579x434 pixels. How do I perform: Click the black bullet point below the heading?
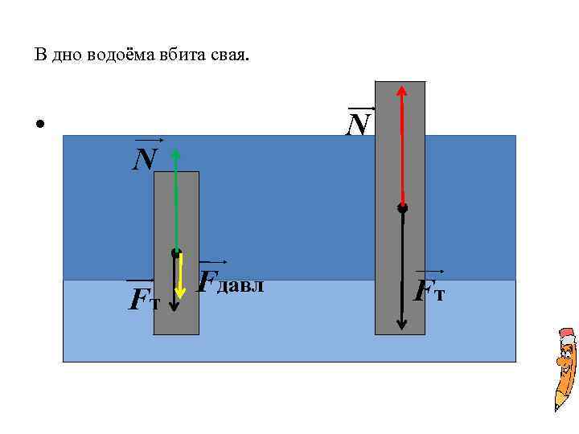[x=38, y=125]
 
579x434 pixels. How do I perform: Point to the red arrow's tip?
[x=400, y=90]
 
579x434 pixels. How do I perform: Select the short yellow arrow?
[x=183, y=273]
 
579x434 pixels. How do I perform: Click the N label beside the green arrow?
[x=146, y=159]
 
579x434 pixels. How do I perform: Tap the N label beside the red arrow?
[x=359, y=124]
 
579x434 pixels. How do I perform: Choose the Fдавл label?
[x=230, y=281]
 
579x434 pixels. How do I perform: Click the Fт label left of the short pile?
[x=145, y=299]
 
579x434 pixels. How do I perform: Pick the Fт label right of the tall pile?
[x=429, y=290]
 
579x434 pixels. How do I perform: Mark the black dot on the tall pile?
[x=401, y=207]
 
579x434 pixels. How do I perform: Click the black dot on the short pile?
[x=175, y=253]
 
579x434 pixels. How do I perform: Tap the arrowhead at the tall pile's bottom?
[x=401, y=325]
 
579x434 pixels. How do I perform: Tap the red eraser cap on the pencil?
[x=567, y=334]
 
